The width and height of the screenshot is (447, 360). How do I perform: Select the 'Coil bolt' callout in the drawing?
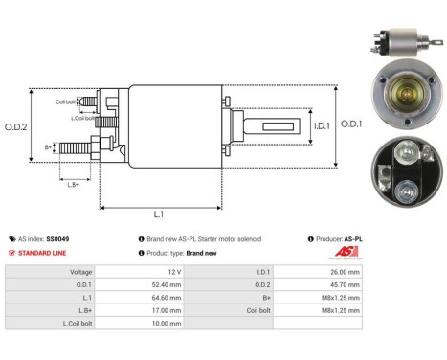tap(64, 101)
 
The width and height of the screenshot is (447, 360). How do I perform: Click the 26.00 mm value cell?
tap(346, 272)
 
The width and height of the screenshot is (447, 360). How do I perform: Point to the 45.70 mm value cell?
tap(346, 284)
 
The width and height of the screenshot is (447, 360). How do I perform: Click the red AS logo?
tap(348, 252)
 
